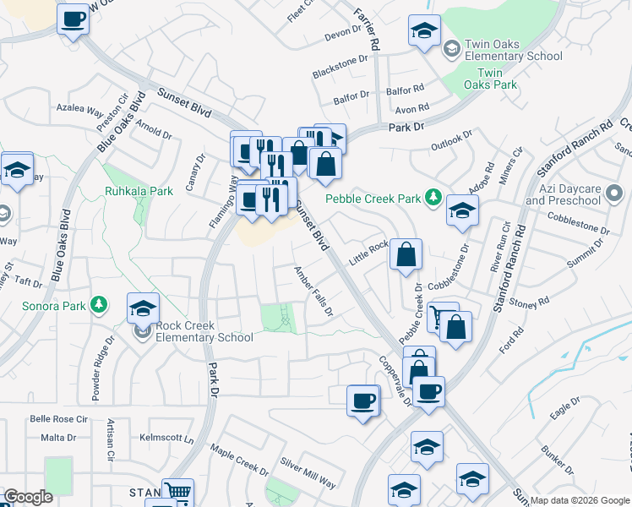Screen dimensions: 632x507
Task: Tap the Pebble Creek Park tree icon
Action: point(433,198)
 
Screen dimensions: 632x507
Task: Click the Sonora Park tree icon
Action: point(99,304)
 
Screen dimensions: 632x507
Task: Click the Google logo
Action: point(28,497)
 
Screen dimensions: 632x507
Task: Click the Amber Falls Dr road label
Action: point(313,292)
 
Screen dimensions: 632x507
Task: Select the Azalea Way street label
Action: point(79,110)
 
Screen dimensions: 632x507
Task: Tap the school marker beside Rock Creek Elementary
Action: point(144,308)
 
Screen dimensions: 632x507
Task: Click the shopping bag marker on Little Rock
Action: point(406,254)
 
